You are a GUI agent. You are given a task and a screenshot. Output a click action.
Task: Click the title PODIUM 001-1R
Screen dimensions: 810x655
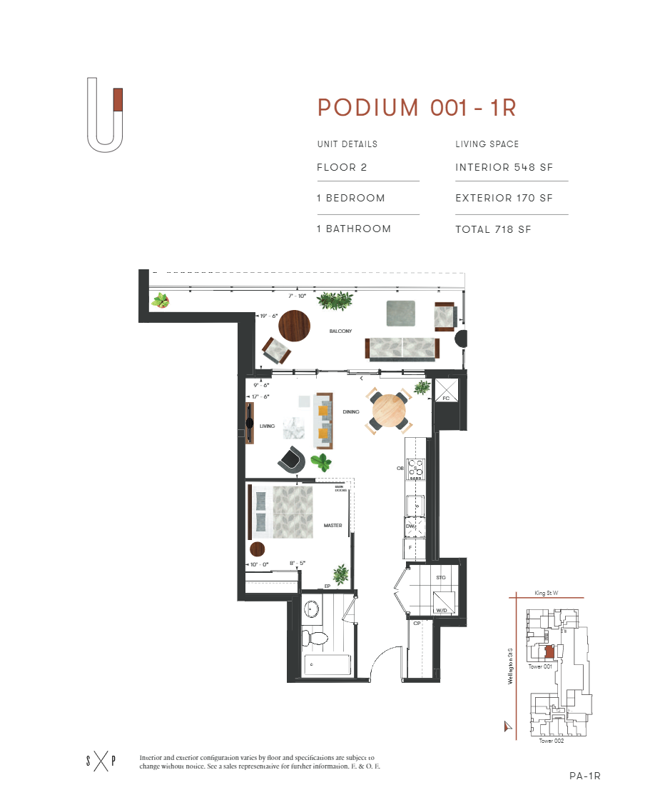[x=417, y=108]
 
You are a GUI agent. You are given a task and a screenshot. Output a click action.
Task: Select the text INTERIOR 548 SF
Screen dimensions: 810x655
[x=504, y=168]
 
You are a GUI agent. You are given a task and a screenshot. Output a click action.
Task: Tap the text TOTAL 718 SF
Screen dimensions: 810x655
[x=493, y=229]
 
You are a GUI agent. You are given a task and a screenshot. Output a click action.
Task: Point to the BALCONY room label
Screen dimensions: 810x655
[x=340, y=331]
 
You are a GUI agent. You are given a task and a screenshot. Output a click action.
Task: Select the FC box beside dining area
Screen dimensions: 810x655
[x=447, y=392]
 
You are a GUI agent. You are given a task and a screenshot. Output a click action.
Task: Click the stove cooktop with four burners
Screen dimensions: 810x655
[x=415, y=468]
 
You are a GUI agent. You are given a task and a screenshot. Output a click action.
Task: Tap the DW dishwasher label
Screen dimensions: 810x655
[x=410, y=526]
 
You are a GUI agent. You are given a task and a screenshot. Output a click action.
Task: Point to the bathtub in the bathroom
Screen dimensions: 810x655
[x=327, y=665]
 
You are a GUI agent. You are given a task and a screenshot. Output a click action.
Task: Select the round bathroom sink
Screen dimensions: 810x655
[x=313, y=609]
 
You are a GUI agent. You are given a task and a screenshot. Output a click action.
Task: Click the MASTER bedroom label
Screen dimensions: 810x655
[x=332, y=526]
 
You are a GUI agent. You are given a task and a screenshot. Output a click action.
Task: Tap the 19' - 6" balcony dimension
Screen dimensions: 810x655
[x=268, y=316]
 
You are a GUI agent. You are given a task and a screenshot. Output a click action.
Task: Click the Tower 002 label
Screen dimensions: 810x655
[x=551, y=741]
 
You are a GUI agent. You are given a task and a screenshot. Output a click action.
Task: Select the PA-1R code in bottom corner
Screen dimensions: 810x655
[x=585, y=776]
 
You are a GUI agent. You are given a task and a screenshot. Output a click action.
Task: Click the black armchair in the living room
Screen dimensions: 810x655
[x=292, y=459]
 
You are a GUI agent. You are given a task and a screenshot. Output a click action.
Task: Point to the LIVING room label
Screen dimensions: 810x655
[x=268, y=426]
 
